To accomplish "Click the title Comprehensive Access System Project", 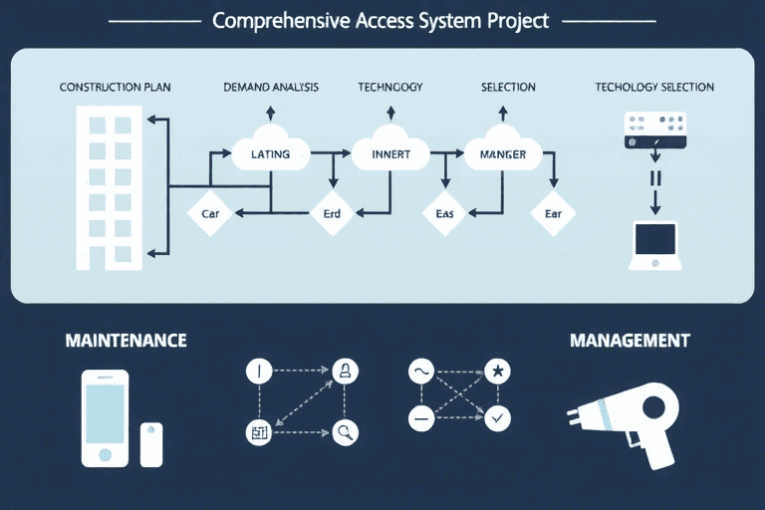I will [381, 21].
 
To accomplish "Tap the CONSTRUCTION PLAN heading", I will [116, 88].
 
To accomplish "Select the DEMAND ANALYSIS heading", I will [271, 88].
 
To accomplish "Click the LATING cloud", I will [269, 153].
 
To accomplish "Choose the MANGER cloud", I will [496, 153].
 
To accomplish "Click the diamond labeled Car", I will [211, 212].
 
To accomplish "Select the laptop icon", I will [655, 245].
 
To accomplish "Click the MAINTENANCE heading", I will [126, 341].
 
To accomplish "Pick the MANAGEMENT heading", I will [630, 341].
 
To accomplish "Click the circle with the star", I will [498, 372].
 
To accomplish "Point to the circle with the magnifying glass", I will [346, 431].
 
